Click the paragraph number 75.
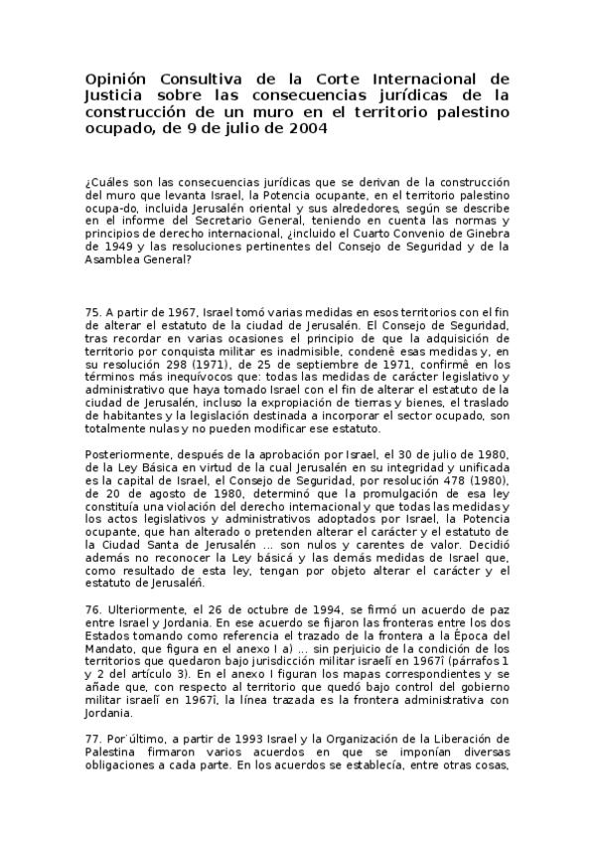coord(94,312)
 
